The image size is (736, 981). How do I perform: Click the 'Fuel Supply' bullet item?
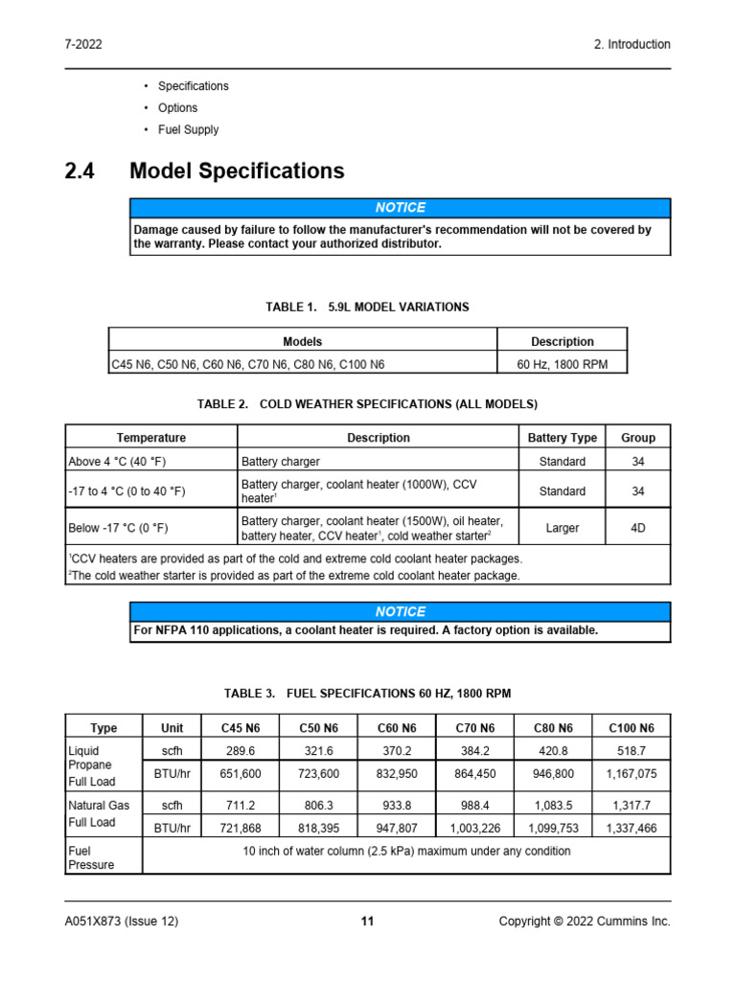click(188, 129)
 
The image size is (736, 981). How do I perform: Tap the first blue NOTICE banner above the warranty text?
click(401, 208)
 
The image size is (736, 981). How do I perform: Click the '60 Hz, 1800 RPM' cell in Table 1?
click(562, 364)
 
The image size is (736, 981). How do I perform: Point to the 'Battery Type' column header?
click(562, 438)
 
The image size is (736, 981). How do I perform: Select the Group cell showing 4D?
click(637, 528)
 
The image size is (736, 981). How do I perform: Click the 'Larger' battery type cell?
click(562, 528)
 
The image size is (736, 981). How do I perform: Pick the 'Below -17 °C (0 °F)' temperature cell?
click(126, 528)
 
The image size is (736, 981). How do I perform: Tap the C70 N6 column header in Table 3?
click(475, 728)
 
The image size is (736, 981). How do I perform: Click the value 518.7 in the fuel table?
click(632, 752)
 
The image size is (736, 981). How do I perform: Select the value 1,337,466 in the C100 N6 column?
click(632, 829)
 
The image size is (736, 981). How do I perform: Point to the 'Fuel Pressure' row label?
click(91, 857)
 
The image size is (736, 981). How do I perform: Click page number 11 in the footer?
click(367, 922)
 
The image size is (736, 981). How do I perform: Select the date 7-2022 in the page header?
click(84, 44)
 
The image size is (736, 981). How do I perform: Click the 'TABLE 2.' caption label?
click(223, 404)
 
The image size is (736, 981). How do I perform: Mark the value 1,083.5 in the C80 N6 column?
click(554, 806)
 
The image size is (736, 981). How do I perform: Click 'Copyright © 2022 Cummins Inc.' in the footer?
click(585, 922)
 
